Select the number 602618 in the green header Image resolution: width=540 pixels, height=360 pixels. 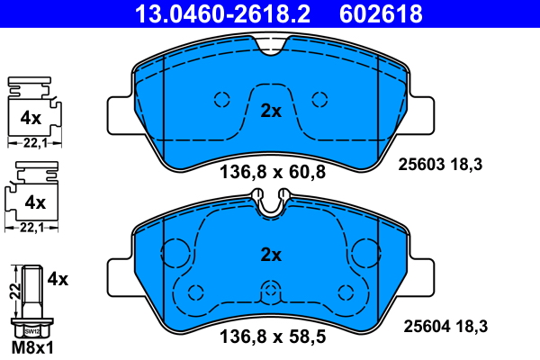pyautogui.click(x=380, y=13)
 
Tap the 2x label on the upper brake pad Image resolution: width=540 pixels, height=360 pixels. pyautogui.click(x=271, y=112)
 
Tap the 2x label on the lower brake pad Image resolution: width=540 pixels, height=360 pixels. pyautogui.click(x=271, y=255)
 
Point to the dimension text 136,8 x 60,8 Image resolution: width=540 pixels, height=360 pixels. pyautogui.click(x=269, y=172)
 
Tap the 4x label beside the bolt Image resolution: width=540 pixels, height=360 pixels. pyautogui.click(x=58, y=279)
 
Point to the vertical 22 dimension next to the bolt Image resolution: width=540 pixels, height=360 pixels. pyautogui.click(x=13, y=291)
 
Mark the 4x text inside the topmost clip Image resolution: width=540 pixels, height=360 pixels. pyautogui.click(x=31, y=117)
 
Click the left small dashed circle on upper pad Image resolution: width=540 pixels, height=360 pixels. pyautogui.click(x=221, y=99)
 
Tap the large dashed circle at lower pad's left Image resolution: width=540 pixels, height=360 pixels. pyautogui.click(x=172, y=250)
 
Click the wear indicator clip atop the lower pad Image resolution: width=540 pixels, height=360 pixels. pyautogui.click(x=271, y=204)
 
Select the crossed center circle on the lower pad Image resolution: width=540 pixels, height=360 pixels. pyautogui.click(x=271, y=290)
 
